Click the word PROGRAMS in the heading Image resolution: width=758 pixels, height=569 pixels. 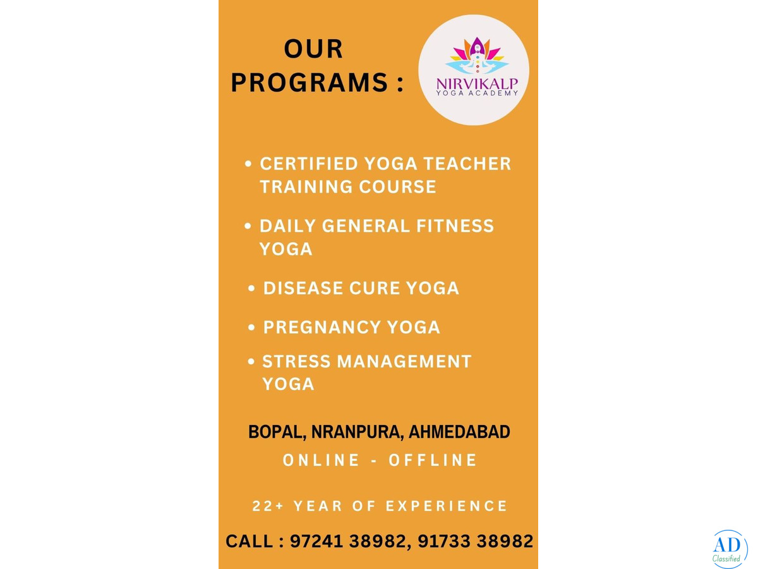pyautogui.click(x=309, y=83)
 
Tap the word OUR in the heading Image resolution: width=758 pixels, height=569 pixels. pyautogui.click(x=313, y=49)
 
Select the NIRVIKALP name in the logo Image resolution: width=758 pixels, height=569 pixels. pyautogui.click(x=477, y=84)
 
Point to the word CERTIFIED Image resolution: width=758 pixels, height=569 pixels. pyautogui.click(x=309, y=163)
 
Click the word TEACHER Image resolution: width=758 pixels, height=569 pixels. pyautogui.click(x=467, y=163)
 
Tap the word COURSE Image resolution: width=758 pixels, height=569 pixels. pyautogui.click(x=398, y=187)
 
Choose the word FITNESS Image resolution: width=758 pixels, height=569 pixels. pyautogui.click(x=455, y=226)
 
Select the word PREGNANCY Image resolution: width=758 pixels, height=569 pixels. pyautogui.click(x=322, y=327)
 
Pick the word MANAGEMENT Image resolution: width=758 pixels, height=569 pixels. pyautogui.click(x=404, y=362)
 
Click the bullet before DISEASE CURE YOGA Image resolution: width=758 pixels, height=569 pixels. pyautogui.click(x=251, y=288)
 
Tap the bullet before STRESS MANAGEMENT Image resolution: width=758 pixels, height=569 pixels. pyautogui.click(x=251, y=362)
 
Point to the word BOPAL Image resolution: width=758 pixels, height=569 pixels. pyautogui.click(x=277, y=432)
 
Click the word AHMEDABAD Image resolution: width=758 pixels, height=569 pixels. pyautogui.click(x=459, y=432)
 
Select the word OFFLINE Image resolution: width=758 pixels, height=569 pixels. pyautogui.click(x=433, y=460)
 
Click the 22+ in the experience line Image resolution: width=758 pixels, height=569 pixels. pyautogui.click(x=268, y=506)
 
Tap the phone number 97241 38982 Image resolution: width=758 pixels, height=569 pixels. pyautogui.click(x=348, y=541)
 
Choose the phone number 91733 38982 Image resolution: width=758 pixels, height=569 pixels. pyautogui.click(x=476, y=541)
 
